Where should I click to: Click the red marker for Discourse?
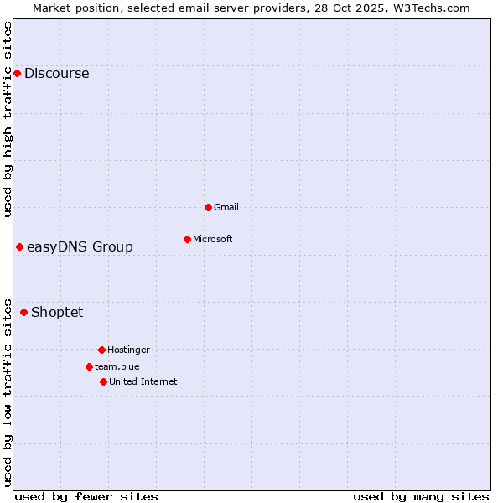(17, 74)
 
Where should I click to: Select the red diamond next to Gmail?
(208, 207)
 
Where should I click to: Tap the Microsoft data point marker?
(187, 239)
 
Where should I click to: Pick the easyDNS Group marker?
(19, 246)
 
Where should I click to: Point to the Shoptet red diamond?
(23, 313)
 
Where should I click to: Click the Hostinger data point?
(101, 350)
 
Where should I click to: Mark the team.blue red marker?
(89, 366)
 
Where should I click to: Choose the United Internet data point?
(103, 381)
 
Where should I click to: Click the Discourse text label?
(56, 74)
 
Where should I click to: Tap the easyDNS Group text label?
(80, 246)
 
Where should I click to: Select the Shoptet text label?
(57, 313)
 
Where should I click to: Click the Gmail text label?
(226, 207)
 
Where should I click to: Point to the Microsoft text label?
(212, 239)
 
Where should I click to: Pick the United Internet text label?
(143, 381)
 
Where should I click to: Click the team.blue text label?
(117, 366)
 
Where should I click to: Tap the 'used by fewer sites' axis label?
(86, 496)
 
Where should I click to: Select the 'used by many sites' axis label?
(421, 496)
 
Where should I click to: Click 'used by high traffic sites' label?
(8, 119)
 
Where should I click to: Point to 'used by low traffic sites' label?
(8, 392)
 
